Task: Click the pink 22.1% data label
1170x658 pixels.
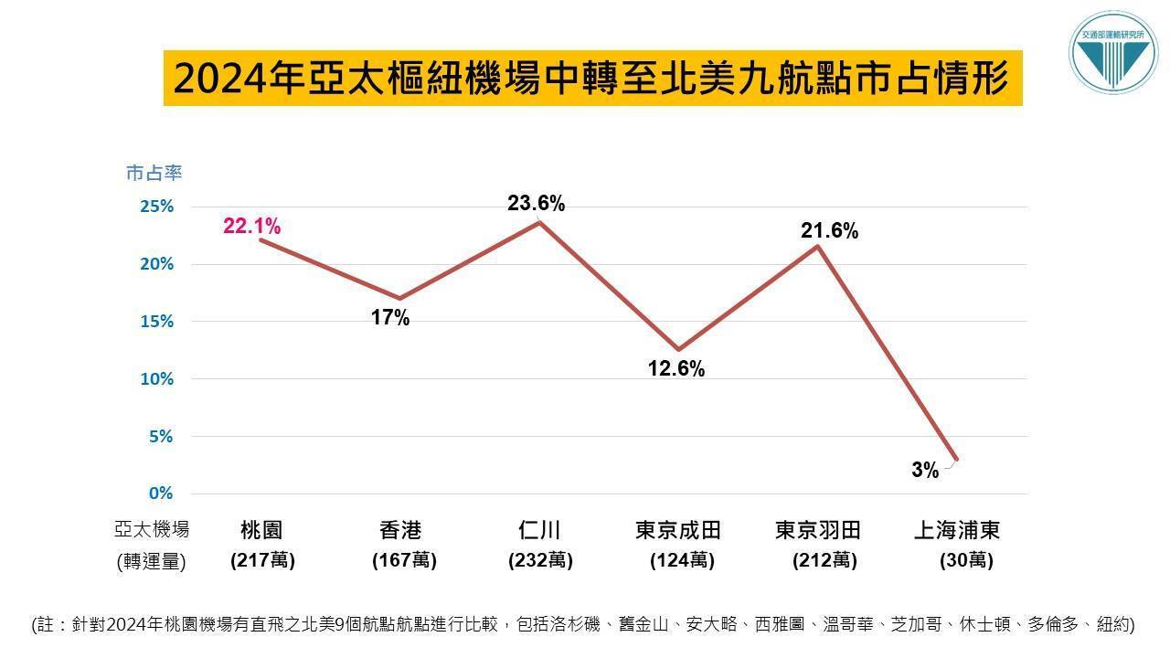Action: click(251, 227)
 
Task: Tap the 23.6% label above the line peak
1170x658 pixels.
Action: click(536, 205)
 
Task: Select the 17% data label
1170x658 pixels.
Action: click(390, 319)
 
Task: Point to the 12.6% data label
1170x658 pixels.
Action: click(676, 369)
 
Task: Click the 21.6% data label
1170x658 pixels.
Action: click(829, 232)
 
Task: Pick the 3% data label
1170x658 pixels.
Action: click(925, 471)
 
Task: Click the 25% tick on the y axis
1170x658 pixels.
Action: click(156, 207)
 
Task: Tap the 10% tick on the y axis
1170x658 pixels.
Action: click(156, 379)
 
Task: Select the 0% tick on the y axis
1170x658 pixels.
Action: click(161, 493)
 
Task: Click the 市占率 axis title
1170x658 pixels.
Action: click(154, 173)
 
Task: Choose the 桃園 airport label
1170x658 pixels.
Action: click(261, 530)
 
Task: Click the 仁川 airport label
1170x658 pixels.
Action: click(539, 530)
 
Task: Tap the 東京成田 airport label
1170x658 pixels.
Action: click(678, 530)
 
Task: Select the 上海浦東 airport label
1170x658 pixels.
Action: click(957, 530)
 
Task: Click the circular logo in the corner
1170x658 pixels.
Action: click(1112, 53)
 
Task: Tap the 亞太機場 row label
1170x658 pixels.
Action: click(152, 530)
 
